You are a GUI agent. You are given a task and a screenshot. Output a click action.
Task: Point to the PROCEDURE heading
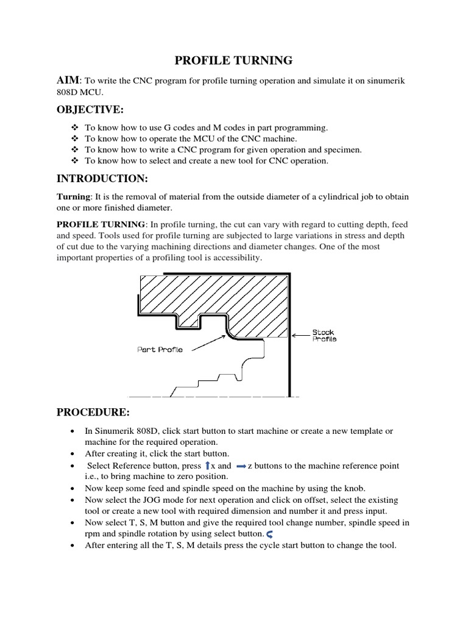93,412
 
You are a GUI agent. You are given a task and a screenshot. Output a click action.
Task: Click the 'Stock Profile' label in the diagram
324,335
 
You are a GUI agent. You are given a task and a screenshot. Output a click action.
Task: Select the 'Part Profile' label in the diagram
160,350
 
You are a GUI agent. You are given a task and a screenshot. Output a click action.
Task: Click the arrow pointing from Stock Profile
300,335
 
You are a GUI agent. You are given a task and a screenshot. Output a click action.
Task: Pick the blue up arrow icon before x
206,466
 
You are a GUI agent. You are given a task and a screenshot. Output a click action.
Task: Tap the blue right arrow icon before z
240,466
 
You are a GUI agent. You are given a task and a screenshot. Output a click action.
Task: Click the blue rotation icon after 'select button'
269,534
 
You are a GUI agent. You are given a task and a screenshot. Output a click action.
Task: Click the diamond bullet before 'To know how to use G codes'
74,127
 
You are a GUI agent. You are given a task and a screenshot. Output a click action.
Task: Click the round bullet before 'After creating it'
73,454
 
